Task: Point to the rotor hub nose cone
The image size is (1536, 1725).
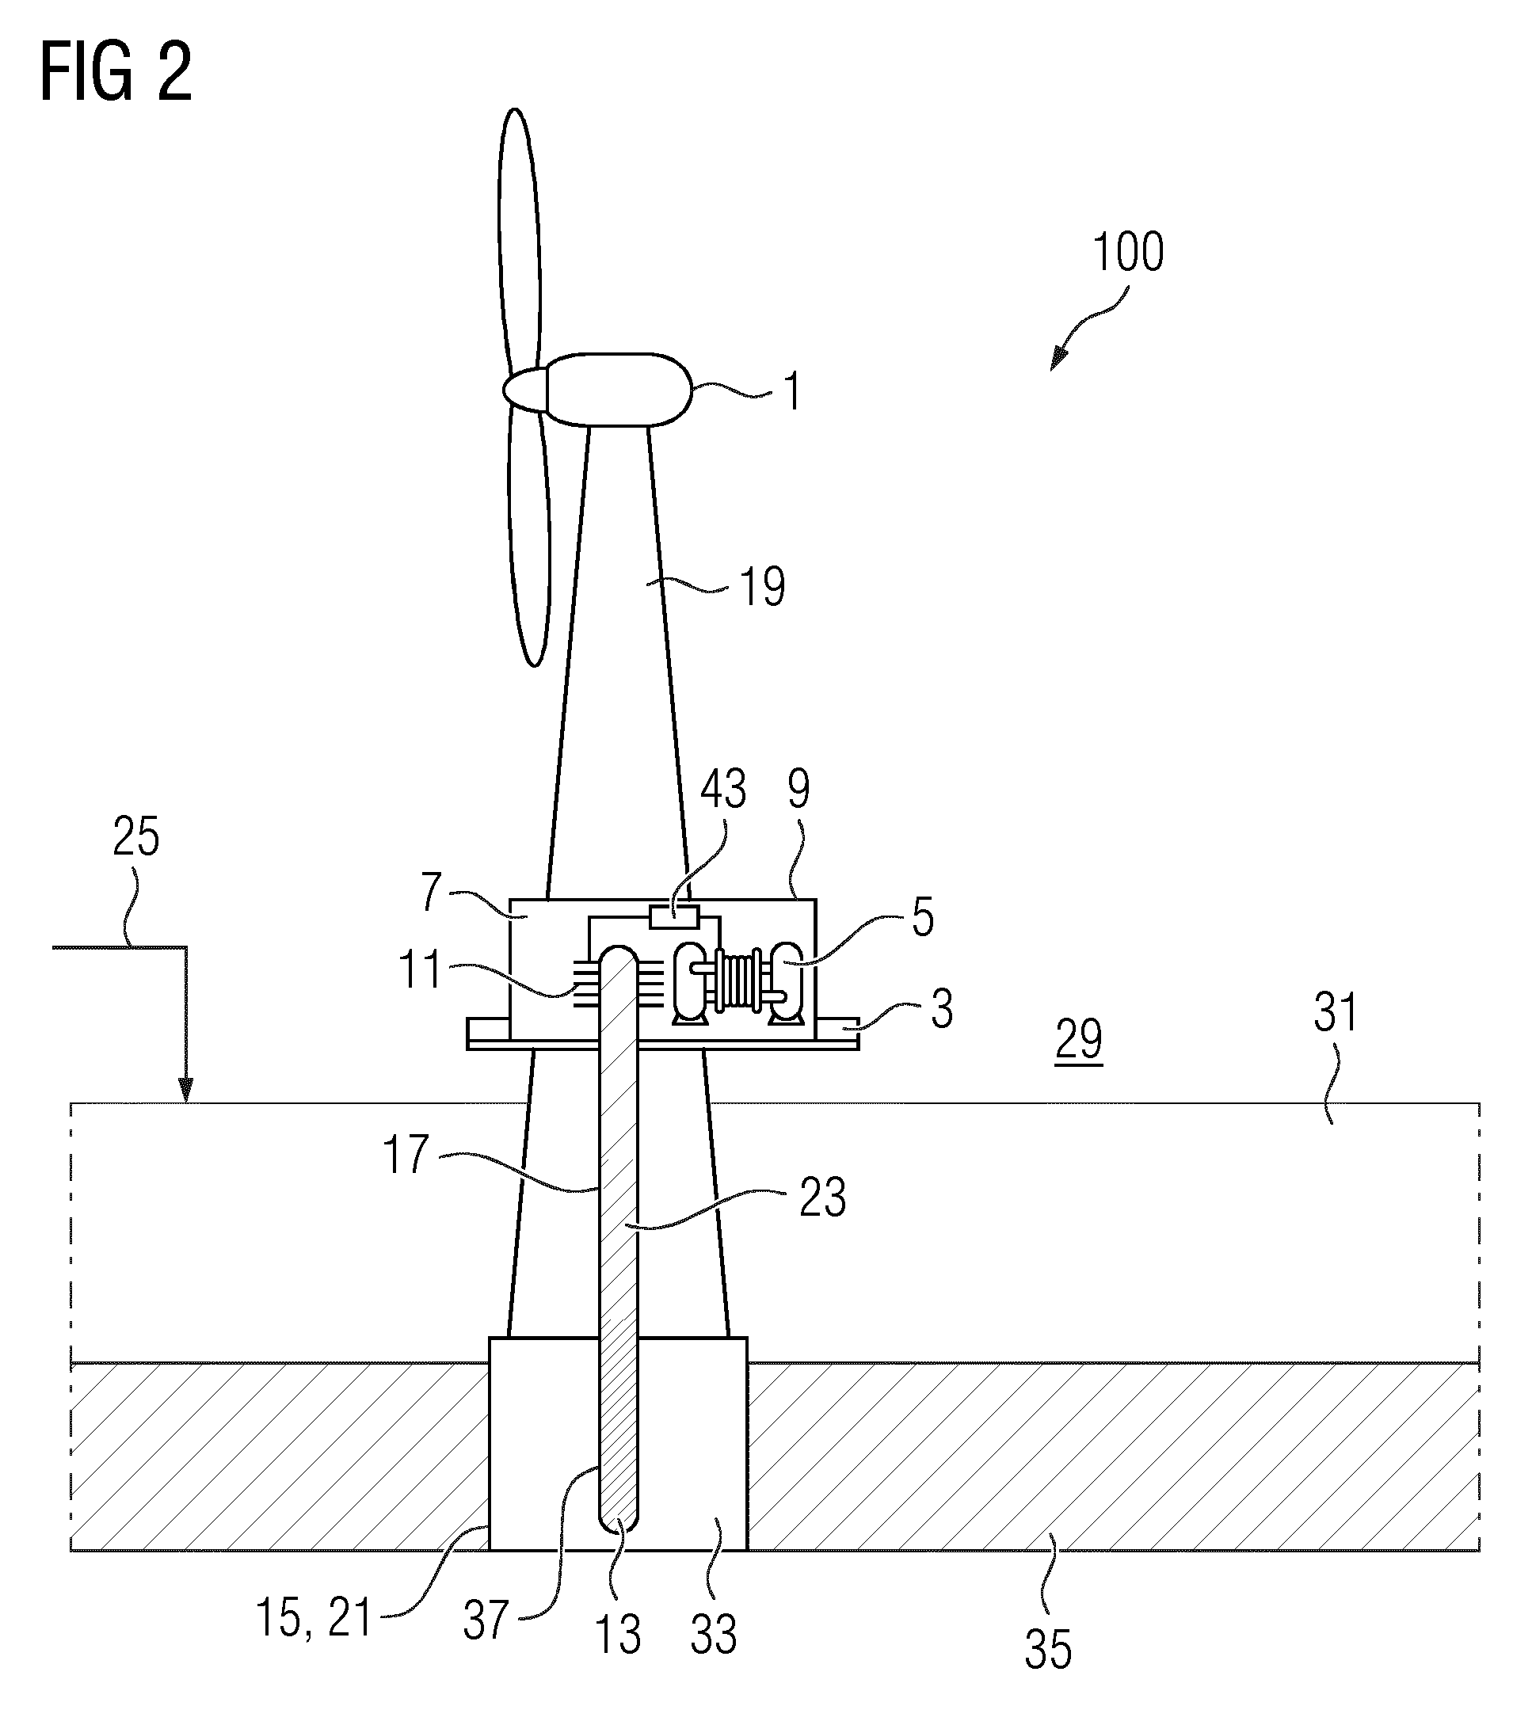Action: click(x=525, y=390)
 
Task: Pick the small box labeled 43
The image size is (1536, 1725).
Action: click(x=673, y=916)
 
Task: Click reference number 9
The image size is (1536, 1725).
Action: click(x=798, y=788)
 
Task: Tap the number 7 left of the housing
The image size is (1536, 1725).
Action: click(x=431, y=891)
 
